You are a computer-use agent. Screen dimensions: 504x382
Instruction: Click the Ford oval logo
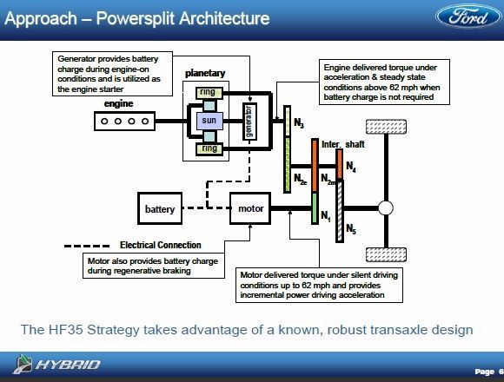coord(469,16)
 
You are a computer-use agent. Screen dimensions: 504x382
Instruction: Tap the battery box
coord(160,208)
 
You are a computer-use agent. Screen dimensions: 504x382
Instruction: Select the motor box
coord(250,208)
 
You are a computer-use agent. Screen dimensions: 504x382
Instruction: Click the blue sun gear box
coord(209,121)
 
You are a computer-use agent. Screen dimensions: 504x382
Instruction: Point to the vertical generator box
coord(249,122)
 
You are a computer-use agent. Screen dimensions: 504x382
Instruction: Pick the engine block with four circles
coord(125,121)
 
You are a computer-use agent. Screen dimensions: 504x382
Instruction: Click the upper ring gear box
coord(209,93)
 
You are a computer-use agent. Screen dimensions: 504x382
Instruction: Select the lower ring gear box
coord(209,149)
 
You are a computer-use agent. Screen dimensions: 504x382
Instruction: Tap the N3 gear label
coord(299,122)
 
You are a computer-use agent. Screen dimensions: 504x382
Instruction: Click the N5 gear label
coord(351,228)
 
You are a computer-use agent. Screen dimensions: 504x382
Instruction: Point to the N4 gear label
coord(351,167)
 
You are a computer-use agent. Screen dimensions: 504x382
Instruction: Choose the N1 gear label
coord(326,215)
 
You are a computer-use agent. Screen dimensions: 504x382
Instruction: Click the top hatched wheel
coord(386,127)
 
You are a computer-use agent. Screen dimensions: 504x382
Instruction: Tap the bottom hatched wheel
coord(386,255)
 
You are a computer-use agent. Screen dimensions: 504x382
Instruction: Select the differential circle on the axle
coord(386,208)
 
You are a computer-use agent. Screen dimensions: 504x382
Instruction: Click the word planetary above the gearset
coord(205,74)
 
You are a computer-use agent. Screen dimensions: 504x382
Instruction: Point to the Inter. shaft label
coord(343,144)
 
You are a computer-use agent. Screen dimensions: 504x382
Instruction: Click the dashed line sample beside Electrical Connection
coord(87,247)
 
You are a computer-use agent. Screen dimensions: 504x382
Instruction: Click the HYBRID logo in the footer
coord(56,365)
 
